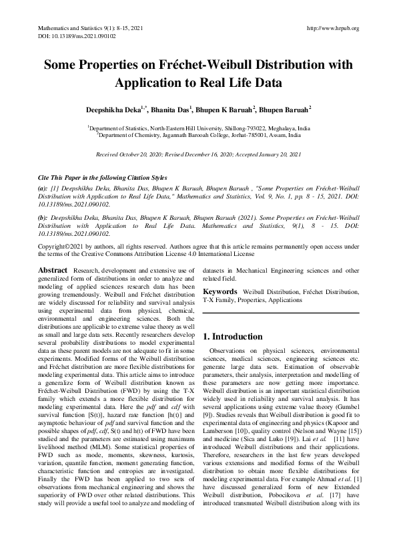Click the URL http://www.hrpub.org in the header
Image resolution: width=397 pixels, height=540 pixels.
pyautogui.click(x=332, y=28)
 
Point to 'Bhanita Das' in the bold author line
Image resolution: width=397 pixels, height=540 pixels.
pyautogui.click(x=169, y=108)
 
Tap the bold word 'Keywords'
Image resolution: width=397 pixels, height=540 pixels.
pyautogui.click(x=220, y=292)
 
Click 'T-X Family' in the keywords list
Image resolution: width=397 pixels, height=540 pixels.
pyautogui.click(x=218, y=301)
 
